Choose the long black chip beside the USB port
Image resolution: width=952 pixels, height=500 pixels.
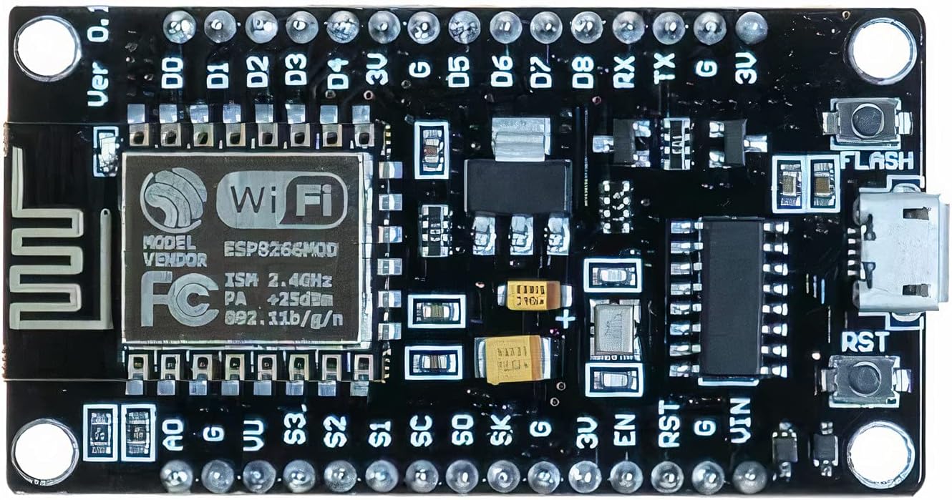coord(730,297)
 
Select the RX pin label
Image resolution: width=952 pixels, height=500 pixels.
coord(625,72)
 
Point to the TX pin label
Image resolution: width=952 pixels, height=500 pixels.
coord(665,70)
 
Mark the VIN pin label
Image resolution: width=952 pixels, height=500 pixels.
coord(742,422)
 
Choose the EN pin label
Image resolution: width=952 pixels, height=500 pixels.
coord(623,431)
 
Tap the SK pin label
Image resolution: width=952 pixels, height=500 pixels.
coord(502,431)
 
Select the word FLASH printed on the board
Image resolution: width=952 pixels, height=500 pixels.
coord(878,160)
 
